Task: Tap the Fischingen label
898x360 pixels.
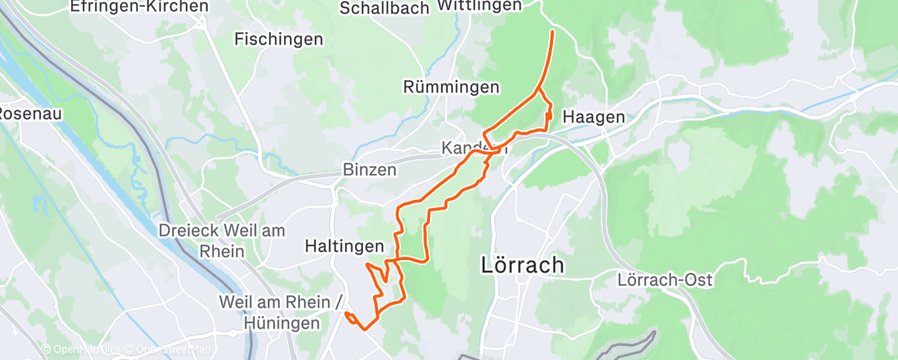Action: pyautogui.click(x=278, y=39)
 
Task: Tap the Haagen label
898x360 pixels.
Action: pyautogui.click(x=593, y=118)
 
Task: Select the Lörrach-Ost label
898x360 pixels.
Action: pyautogui.click(x=664, y=280)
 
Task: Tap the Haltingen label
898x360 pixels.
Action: pyautogui.click(x=344, y=246)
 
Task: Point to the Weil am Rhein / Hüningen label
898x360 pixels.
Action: pyautogui.click(x=281, y=313)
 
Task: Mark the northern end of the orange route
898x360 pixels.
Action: pyautogui.click(x=552, y=31)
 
